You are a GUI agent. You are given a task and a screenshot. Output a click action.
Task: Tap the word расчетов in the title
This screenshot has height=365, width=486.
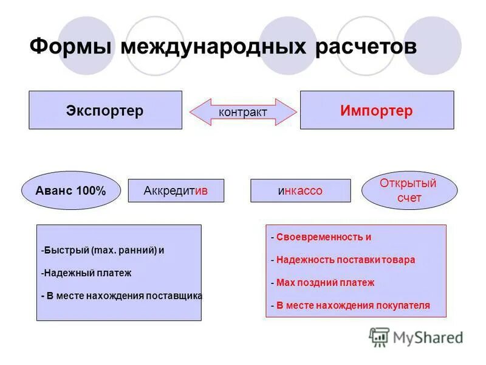[366, 47]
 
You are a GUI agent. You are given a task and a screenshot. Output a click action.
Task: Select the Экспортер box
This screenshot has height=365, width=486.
[105, 110]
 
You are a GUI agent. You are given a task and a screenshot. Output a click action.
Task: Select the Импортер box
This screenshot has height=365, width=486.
[377, 110]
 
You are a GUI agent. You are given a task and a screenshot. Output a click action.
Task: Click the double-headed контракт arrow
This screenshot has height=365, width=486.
[243, 113]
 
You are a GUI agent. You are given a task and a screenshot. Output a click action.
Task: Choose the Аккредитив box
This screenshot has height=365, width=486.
[176, 190]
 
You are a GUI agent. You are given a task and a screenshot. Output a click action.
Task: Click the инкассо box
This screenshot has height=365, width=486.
[300, 190]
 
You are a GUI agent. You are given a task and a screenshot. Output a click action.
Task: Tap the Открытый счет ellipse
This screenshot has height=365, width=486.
[408, 190]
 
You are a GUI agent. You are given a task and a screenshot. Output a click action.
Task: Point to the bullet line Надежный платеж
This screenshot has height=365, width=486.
[87, 273]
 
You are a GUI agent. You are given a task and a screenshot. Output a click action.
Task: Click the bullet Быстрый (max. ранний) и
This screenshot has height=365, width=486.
[103, 250]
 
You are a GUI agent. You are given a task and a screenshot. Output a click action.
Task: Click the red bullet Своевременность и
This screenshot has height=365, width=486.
[321, 237]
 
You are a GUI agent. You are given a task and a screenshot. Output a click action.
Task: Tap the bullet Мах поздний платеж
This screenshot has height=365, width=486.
[323, 282]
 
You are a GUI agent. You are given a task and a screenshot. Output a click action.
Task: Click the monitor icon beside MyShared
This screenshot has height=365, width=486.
[379, 337]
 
